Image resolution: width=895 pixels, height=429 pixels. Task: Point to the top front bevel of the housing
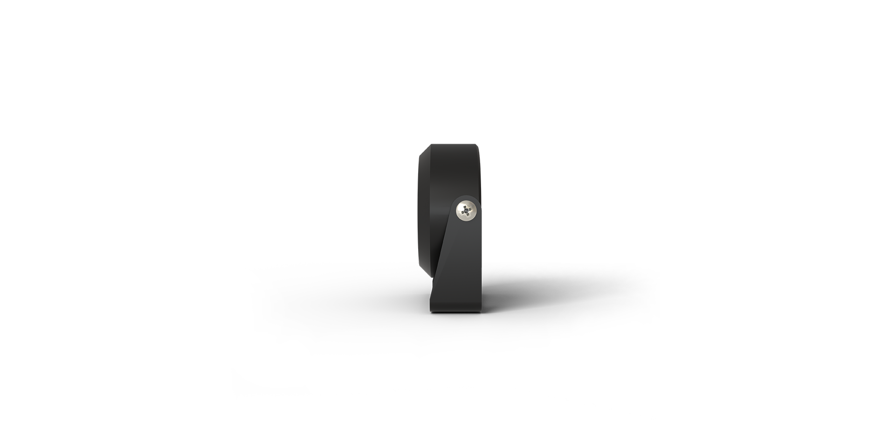[x=424, y=150]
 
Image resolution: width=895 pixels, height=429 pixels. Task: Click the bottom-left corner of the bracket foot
[x=431, y=311]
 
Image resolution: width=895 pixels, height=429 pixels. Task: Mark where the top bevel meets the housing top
[x=431, y=145]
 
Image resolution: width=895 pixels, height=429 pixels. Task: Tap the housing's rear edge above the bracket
[x=480, y=173]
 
